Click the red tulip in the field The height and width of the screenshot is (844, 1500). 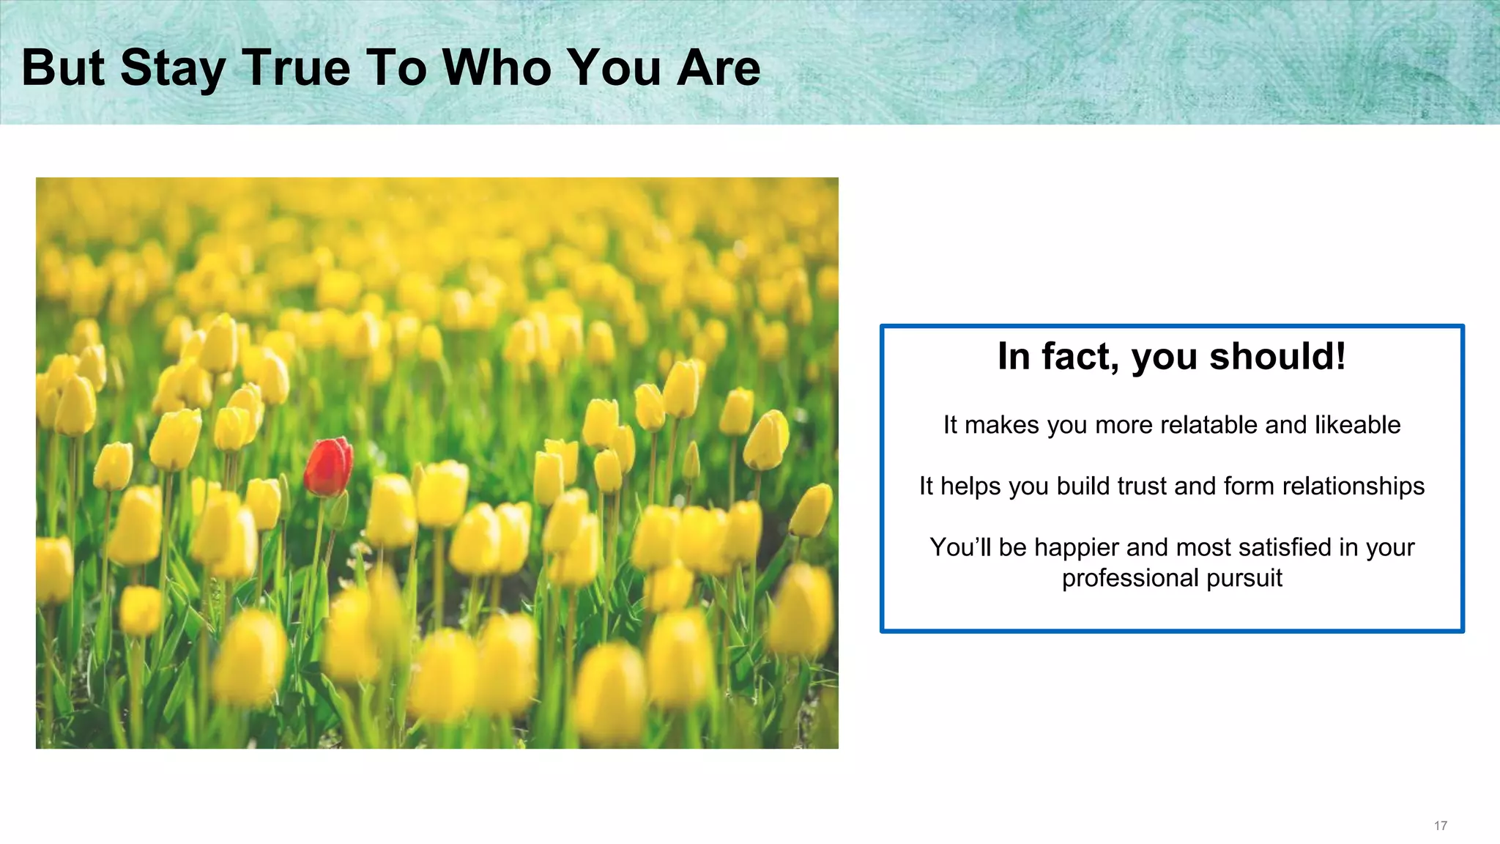coord(328,466)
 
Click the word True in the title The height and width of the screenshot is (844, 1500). coord(296,67)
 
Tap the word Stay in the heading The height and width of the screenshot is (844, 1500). coord(173,69)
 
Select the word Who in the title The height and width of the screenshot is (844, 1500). coord(497,67)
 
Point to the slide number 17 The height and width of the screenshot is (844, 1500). coord(1440,826)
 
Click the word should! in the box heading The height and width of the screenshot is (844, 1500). coord(1277,357)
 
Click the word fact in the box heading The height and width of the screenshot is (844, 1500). coord(1080,357)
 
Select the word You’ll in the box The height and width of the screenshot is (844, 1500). coord(959,547)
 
